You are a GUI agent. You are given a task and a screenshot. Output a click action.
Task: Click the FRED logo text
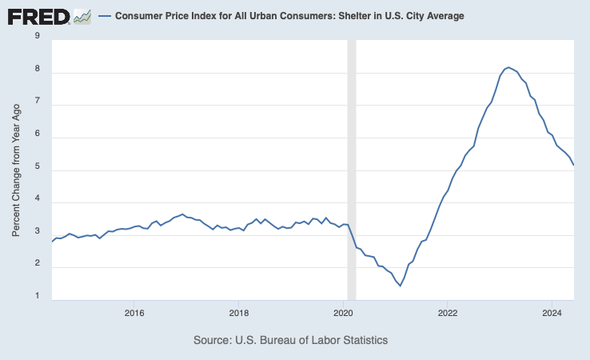pos(38,15)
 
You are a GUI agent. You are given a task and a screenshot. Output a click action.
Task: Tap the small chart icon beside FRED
pos(82,15)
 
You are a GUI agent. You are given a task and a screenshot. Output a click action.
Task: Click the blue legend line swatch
pos(104,16)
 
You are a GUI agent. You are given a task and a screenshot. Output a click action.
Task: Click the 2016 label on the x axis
pos(134,312)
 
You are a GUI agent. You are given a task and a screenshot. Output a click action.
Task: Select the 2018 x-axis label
pos(238,312)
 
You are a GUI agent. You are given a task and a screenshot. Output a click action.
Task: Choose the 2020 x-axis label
pos(343,312)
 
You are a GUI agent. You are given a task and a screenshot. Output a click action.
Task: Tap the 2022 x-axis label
pos(447,312)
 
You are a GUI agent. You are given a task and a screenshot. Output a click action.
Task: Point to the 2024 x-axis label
pos(552,312)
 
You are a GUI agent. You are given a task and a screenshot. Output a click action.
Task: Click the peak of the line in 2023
pos(508,67)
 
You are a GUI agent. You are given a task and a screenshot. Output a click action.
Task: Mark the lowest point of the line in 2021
pos(400,286)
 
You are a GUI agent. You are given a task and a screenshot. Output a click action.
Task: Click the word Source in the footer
pos(213,340)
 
